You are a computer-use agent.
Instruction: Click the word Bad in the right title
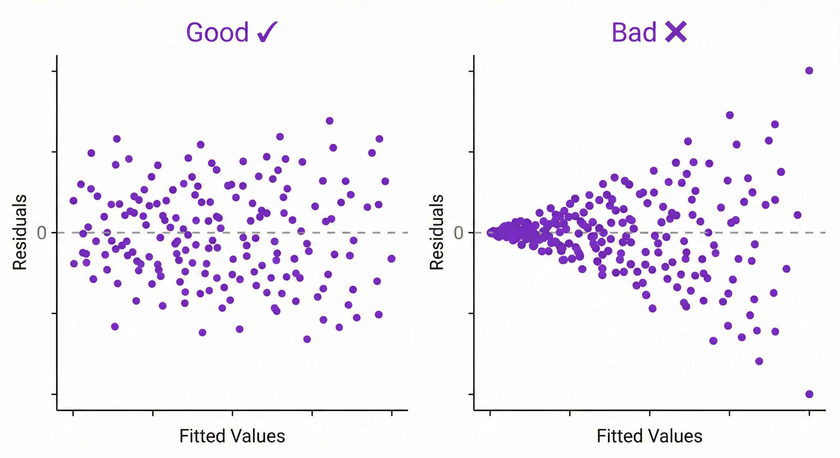pyautogui.click(x=634, y=33)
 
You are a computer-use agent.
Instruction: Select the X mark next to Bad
pyautogui.click(x=676, y=32)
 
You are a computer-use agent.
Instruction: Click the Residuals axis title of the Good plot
pyautogui.click(x=20, y=232)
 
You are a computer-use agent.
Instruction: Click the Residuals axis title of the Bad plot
pyautogui.click(x=436, y=232)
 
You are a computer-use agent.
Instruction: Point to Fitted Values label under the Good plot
pyautogui.click(x=232, y=436)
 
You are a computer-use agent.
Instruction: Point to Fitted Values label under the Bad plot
pyautogui.click(x=649, y=436)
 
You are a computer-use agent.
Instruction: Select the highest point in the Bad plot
pyautogui.click(x=809, y=70)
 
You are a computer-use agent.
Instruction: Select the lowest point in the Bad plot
pyautogui.click(x=809, y=394)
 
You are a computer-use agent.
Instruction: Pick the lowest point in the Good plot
pyautogui.click(x=307, y=339)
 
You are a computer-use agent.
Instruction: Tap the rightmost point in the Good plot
pyautogui.click(x=392, y=259)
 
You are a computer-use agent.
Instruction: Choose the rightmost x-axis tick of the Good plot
pyautogui.click(x=392, y=413)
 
